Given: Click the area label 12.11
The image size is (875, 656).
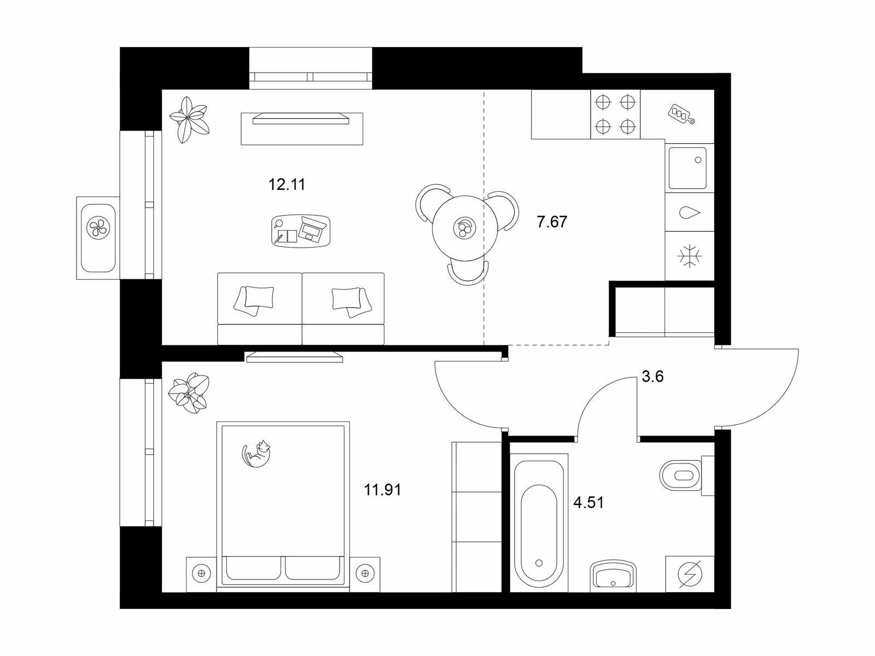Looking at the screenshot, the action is (x=287, y=184).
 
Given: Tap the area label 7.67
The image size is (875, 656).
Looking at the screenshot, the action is (x=552, y=222).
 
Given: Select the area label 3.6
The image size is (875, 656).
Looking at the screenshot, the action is (x=652, y=377).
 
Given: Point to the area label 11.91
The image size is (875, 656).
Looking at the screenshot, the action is (x=383, y=490).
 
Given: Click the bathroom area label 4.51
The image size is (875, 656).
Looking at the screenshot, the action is (x=588, y=502).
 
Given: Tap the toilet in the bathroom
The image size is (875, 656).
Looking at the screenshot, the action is (x=686, y=476).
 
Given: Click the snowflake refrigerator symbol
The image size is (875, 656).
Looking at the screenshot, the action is (x=689, y=256).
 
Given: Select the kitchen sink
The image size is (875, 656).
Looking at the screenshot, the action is (x=687, y=168).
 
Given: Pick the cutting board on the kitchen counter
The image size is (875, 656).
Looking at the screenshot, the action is (x=682, y=114).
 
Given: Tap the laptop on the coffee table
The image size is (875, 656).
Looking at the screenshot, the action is (x=312, y=229).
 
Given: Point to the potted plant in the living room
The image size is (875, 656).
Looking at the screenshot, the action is (x=189, y=120).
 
